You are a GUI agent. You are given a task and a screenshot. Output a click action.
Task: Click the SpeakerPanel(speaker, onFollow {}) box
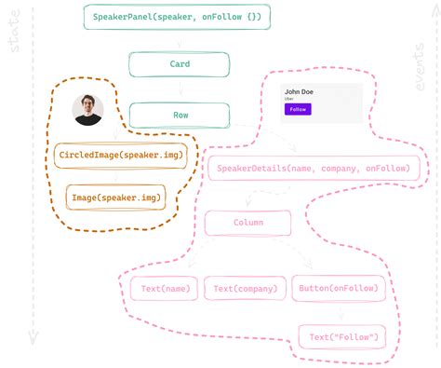tap(178, 17)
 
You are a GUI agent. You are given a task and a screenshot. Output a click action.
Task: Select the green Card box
tap(179, 64)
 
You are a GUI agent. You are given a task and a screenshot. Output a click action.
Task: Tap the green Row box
tap(179, 115)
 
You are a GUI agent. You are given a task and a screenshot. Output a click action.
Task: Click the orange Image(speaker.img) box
tap(115, 197)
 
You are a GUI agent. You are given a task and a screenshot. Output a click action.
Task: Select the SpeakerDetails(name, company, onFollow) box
tap(315, 168)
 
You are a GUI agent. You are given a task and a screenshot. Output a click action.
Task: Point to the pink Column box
tap(247, 223)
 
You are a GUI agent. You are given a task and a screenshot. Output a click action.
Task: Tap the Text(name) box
tap(164, 289)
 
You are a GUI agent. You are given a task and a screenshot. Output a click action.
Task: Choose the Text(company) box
tap(245, 289)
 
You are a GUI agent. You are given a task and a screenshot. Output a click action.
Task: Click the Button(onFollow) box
tap(337, 288)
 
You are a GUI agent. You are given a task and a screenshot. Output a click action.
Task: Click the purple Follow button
tap(298, 109)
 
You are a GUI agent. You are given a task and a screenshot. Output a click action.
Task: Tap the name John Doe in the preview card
tap(299, 91)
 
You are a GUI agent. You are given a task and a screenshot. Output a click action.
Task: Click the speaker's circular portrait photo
tap(88, 110)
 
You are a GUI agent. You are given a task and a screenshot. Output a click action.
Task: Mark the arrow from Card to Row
tap(179, 89)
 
